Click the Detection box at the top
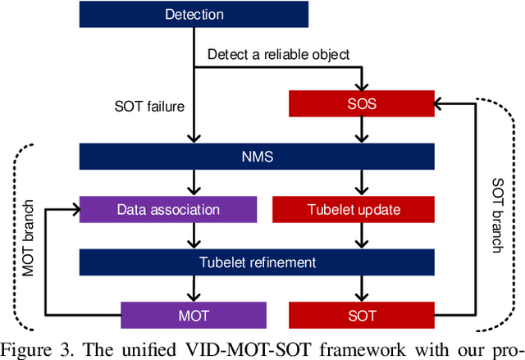[x=194, y=14]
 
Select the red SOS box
[x=362, y=103]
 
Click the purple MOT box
[x=194, y=314]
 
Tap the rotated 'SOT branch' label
[x=496, y=215]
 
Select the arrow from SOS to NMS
[x=362, y=130]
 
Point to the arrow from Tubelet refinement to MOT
[x=194, y=288]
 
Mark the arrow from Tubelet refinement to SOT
[x=362, y=288]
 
